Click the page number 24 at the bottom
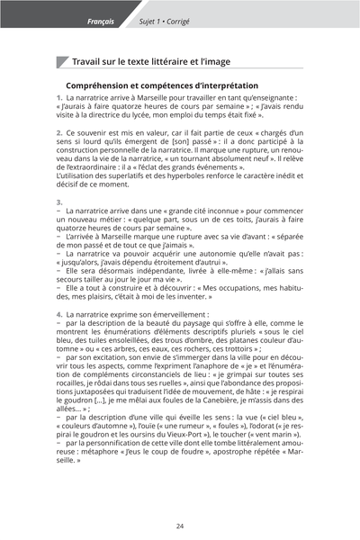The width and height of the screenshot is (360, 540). (180, 526)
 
